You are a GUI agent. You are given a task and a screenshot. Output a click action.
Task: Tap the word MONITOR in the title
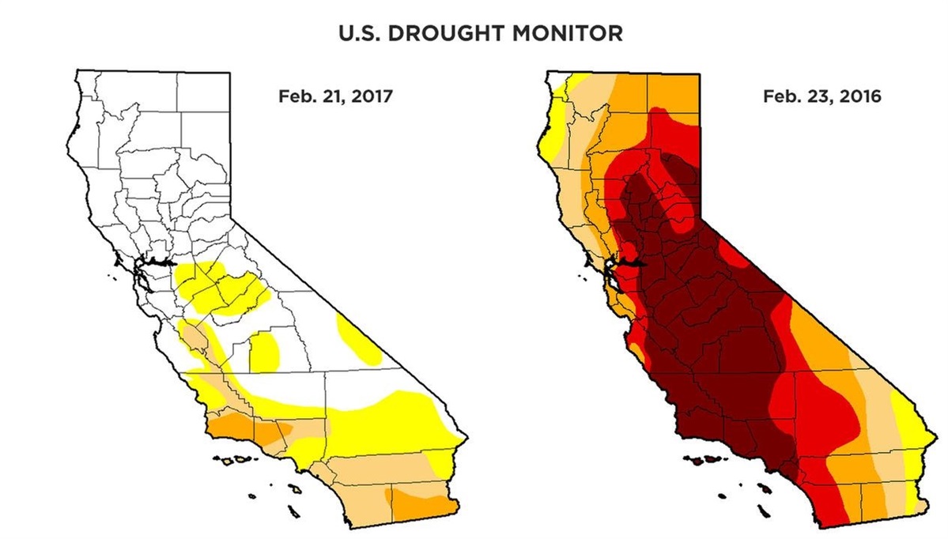click(568, 35)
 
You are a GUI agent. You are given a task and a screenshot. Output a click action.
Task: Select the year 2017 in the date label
click(369, 97)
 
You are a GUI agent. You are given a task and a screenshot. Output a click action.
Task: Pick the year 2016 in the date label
click(857, 97)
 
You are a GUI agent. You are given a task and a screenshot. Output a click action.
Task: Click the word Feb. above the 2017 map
click(293, 97)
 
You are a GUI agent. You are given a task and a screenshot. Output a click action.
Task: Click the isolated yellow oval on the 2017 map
click(264, 352)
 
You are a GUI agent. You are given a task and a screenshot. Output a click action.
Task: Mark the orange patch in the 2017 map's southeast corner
click(419, 502)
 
